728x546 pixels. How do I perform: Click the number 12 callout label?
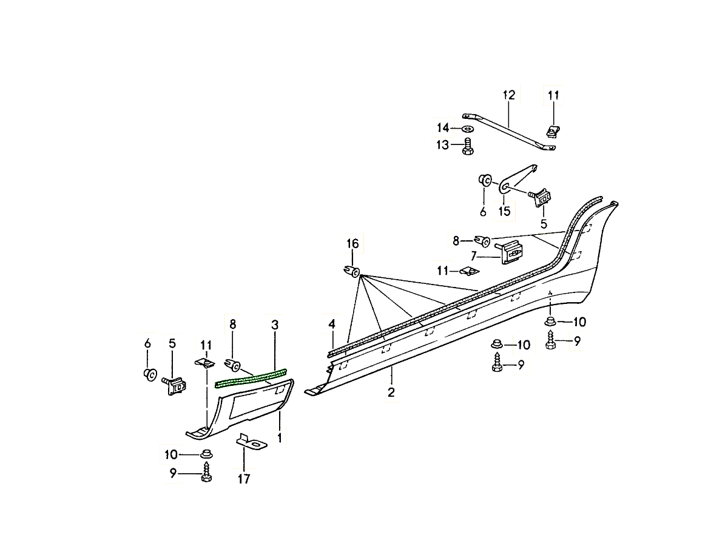point(508,95)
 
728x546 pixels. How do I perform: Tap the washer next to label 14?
point(468,129)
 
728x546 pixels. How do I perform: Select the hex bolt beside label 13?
point(468,146)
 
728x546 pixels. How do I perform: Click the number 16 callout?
point(352,244)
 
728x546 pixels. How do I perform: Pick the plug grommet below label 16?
point(351,271)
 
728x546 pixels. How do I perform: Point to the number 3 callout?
point(275,325)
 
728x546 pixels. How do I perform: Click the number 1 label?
point(279,437)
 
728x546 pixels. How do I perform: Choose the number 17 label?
point(243,479)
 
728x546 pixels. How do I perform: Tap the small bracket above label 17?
point(251,442)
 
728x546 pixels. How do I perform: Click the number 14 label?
point(443,127)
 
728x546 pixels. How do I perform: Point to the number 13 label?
point(442,145)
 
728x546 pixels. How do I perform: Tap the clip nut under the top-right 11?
point(553,130)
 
